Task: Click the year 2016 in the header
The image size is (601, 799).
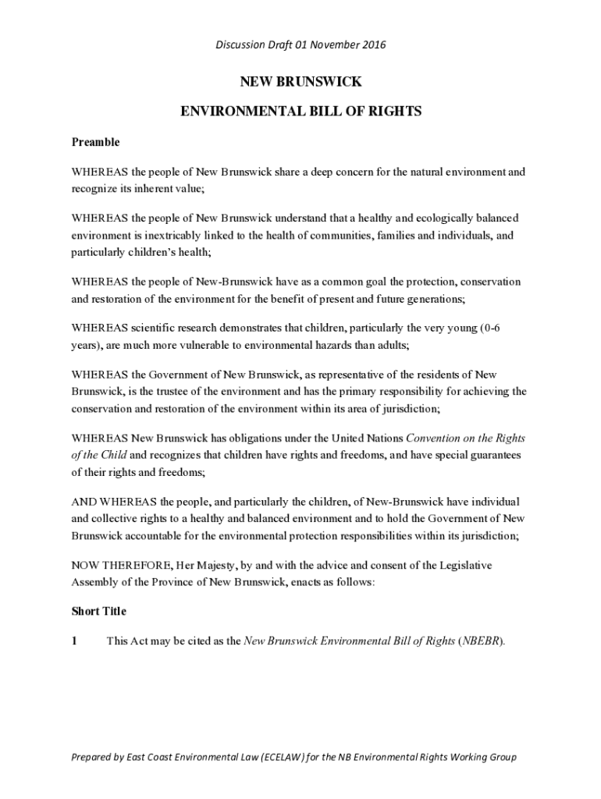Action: point(373,44)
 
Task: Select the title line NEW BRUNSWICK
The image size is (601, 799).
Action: point(300,82)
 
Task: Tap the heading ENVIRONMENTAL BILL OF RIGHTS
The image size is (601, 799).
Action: point(300,112)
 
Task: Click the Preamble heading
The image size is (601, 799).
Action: point(96,142)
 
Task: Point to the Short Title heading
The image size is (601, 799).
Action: point(99,611)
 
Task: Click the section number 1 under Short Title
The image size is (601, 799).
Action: point(75,641)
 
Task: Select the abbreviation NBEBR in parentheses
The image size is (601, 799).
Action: point(482,641)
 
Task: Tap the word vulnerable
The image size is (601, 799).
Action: point(206,344)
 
